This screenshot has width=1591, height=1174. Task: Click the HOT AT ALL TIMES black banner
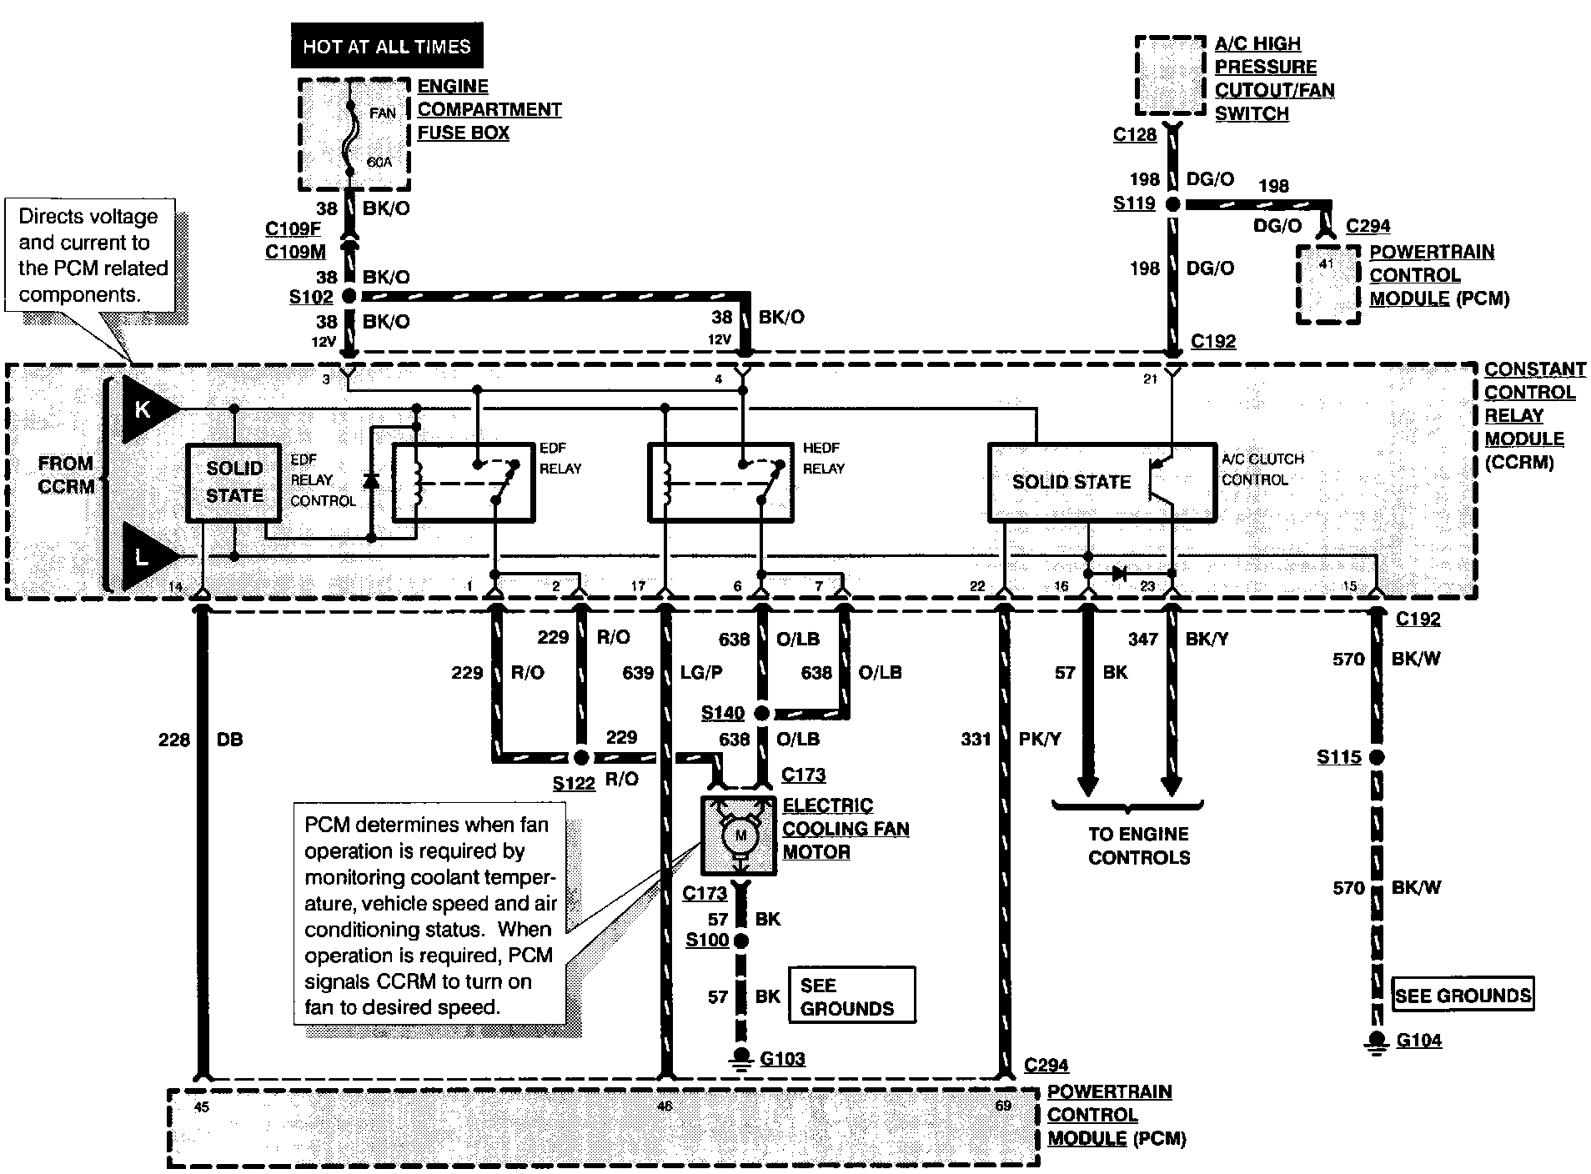pyautogui.click(x=386, y=47)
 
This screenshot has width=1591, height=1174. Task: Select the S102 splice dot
pyautogui.click(x=349, y=296)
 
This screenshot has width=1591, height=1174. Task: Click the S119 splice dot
pyautogui.click(x=1172, y=204)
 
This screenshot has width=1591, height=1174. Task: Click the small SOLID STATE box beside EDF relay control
pyautogui.click(x=233, y=482)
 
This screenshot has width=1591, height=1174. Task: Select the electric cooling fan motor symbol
pyautogui.click(x=740, y=835)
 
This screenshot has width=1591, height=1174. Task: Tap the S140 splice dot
pyautogui.click(x=760, y=713)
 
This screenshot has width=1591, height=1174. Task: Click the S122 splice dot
pyautogui.click(x=581, y=757)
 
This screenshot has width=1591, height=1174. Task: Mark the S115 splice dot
pyautogui.click(x=1377, y=757)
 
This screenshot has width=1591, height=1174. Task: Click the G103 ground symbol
pyautogui.click(x=740, y=1057)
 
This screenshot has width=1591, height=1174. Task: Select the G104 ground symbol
pyautogui.click(x=1377, y=1041)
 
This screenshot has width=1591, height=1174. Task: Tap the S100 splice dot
pyautogui.click(x=740, y=941)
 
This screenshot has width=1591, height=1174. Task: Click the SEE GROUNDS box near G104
pyautogui.click(x=1463, y=995)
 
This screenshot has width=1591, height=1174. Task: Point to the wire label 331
pyautogui.click(x=975, y=739)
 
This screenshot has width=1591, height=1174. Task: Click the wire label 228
pyautogui.click(x=173, y=740)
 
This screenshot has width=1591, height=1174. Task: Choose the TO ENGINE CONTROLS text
pyautogui.click(x=1139, y=845)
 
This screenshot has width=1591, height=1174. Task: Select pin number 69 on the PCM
pyautogui.click(x=1002, y=1106)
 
